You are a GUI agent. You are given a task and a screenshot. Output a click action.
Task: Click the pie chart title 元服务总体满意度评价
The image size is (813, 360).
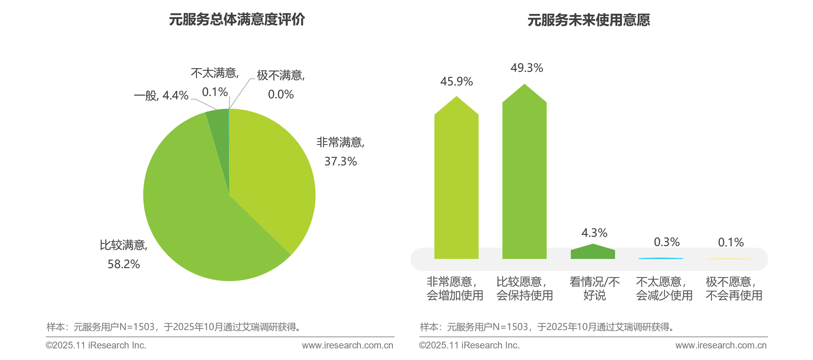click(237, 19)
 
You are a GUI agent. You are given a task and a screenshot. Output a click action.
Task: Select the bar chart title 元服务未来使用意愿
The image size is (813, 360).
click(588, 20)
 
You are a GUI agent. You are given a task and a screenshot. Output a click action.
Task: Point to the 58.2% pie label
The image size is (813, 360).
click(123, 264)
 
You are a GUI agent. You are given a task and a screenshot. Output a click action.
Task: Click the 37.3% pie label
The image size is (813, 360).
click(341, 161)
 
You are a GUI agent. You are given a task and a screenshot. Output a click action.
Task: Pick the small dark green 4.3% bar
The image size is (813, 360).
click(593, 253)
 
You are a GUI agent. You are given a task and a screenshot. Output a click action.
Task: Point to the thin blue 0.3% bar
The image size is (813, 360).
click(661, 258)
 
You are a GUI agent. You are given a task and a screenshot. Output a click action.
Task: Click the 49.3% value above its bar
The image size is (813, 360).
click(527, 68)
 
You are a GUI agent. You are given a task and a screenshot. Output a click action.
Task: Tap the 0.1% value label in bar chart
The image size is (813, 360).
click(731, 242)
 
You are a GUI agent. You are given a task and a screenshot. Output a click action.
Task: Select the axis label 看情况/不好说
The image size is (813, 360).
click(594, 289)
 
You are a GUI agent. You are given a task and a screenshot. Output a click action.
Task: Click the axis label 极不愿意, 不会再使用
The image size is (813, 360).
click(734, 289)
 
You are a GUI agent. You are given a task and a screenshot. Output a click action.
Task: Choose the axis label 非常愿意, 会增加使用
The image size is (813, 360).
click(455, 289)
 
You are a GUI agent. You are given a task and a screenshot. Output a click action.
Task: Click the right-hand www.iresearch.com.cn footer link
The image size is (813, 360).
click(721, 345)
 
